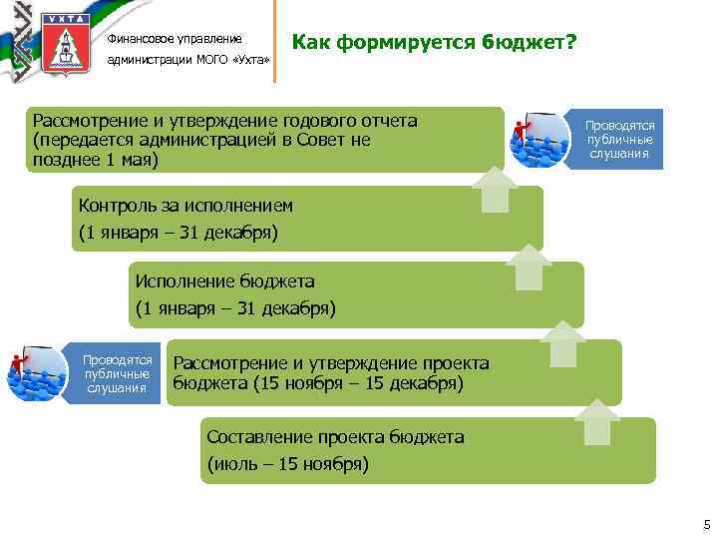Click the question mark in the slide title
coord(571,44)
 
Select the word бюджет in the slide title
coord(525,44)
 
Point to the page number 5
coord(706,524)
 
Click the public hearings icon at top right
coord(538,140)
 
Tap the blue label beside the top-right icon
coord(618,140)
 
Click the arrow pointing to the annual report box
coord(495,190)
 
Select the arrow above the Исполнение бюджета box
coord(528,267)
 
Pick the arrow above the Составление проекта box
coord(597,422)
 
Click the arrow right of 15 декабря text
coord(564,344)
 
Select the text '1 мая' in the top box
coord(132,160)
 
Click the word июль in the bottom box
coord(234,463)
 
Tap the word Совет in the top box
coord(319,141)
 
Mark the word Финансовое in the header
coord(139,39)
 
